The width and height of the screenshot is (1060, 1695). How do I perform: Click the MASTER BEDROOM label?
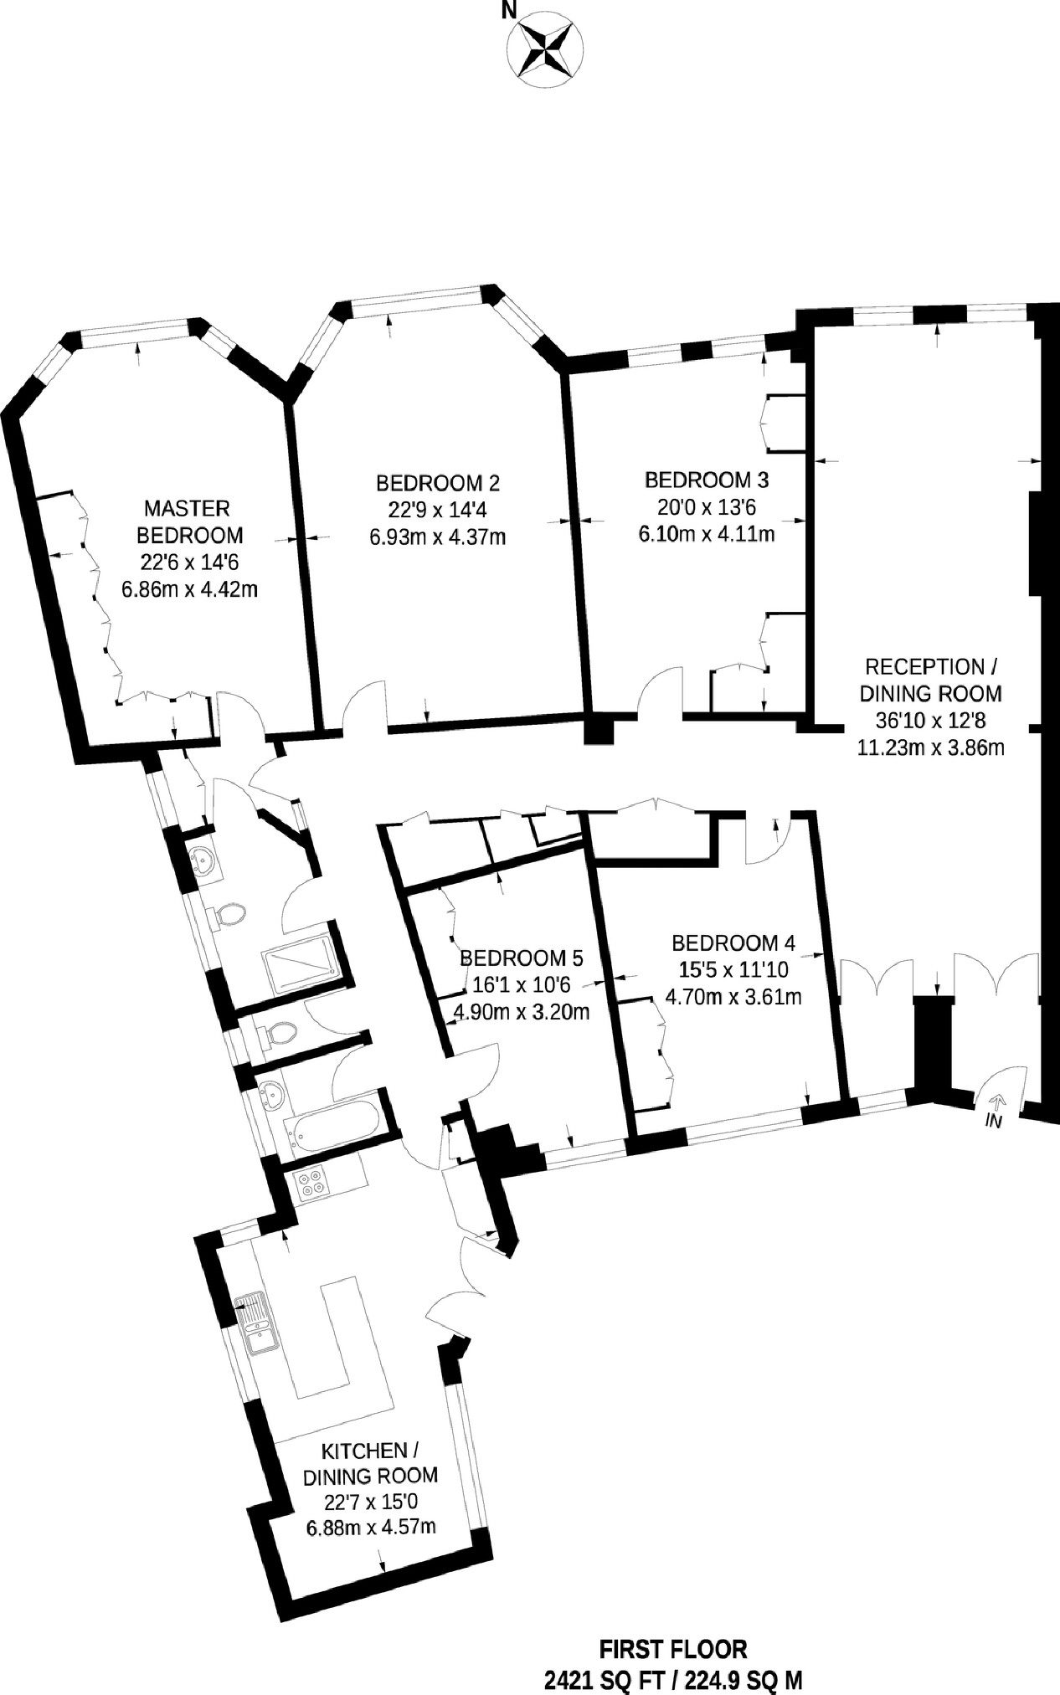[x=188, y=521]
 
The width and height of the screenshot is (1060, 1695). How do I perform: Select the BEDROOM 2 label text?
[x=438, y=482]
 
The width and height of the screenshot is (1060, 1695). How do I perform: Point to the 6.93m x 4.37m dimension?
[x=438, y=536]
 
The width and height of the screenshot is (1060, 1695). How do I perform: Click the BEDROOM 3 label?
[x=706, y=480]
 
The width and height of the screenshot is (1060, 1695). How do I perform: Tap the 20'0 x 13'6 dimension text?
[x=706, y=507]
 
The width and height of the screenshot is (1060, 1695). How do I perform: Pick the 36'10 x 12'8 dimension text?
[x=930, y=720]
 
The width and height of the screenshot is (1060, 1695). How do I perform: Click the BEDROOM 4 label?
[x=733, y=943]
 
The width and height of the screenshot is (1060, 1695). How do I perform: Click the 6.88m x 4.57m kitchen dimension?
[x=371, y=1527]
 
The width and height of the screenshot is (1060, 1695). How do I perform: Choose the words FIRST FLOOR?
[x=673, y=1650]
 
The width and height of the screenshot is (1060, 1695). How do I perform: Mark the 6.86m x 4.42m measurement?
[x=188, y=589]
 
